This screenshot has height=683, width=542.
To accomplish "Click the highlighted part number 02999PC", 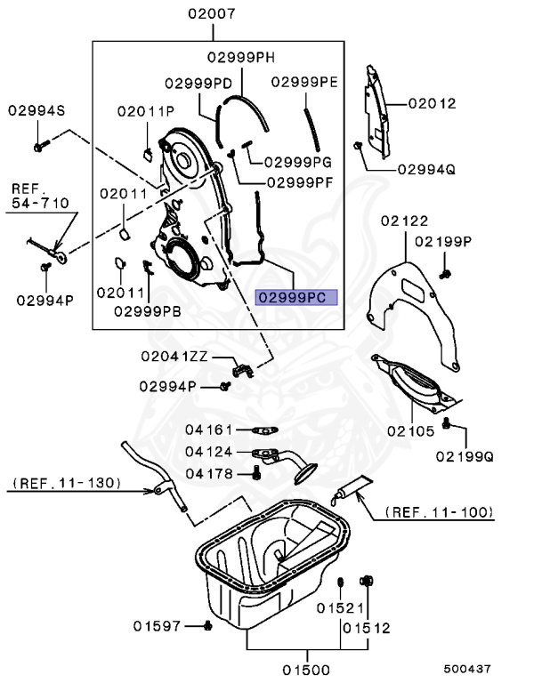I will coord(296,297).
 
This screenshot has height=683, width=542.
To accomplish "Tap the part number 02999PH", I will coord(241,58).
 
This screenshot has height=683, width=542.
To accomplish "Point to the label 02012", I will coord(432,103).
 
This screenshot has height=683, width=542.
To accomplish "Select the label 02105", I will coord(410,430).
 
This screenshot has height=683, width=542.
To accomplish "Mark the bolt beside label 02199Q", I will coord(448,425).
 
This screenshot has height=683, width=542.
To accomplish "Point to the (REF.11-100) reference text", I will coord(440,512).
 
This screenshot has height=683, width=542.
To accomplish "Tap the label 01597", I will coord(158,626).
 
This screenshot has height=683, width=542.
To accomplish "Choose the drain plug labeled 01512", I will coord(366,582).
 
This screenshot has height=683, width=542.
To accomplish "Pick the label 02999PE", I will coord(304,81).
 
